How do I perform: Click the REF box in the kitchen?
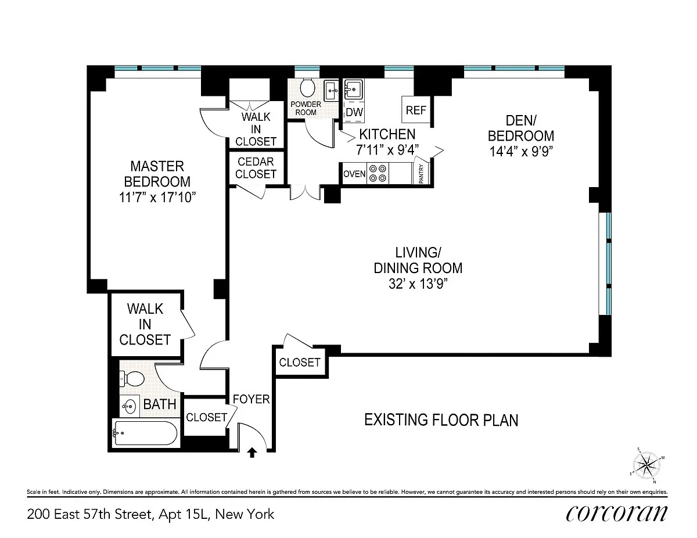pyautogui.click(x=416, y=110)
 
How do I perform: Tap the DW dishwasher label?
pyautogui.click(x=354, y=112)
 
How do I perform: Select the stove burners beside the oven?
pyautogui.click(x=378, y=174)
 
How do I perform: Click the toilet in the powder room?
pyautogui.click(x=307, y=87)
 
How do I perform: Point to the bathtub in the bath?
pyautogui.click(x=146, y=433)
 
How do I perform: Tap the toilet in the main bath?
pyautogui.click(x=132, y=379)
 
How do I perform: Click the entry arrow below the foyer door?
pyautogui.click(x=252, y=453)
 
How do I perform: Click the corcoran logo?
pyautogui.click(x=616, y=514)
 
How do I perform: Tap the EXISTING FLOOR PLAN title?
pyautogui.click(x=441, y=420)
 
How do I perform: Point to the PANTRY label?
pyautogui.click(x=421, y=174)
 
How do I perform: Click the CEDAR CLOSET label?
pyautogui.click(x=256, y=168)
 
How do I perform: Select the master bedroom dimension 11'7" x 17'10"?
pyautogui.click(x=157, y=198)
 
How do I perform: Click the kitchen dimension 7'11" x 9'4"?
pyautogui.click(x=387, y=150)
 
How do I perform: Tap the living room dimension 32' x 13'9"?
pyautogui.click(x=418, y=284)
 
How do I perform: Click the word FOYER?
pyautogui.click(x=251, y=399)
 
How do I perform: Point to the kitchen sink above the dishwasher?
pyautogui.click(x=353, y=89)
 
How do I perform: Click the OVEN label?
pyautogui.click(x=354, y=174)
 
